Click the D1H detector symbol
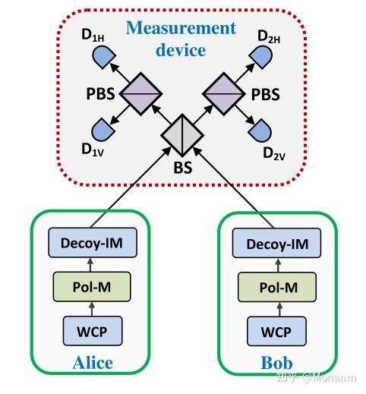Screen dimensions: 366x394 103,57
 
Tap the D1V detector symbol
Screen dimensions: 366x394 103,129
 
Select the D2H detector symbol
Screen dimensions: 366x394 260,57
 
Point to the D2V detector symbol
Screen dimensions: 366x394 260,130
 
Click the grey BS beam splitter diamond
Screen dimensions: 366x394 182,135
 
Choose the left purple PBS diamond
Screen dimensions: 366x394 140,94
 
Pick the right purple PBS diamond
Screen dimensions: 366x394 223,94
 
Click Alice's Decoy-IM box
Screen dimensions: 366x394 93,243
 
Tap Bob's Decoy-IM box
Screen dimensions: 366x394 276,243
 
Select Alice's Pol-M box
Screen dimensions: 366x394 92,287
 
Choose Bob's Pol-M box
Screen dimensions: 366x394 277,287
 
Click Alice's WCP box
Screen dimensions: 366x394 93,331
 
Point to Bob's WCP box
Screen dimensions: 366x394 276,332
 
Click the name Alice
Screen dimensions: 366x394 93,363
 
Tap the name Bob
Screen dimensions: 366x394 276,363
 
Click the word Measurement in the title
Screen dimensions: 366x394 181,28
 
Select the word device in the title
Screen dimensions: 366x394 181,50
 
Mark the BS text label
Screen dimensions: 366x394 183,168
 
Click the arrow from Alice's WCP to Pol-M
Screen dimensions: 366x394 92,309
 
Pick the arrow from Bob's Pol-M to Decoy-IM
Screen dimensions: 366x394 278,265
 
